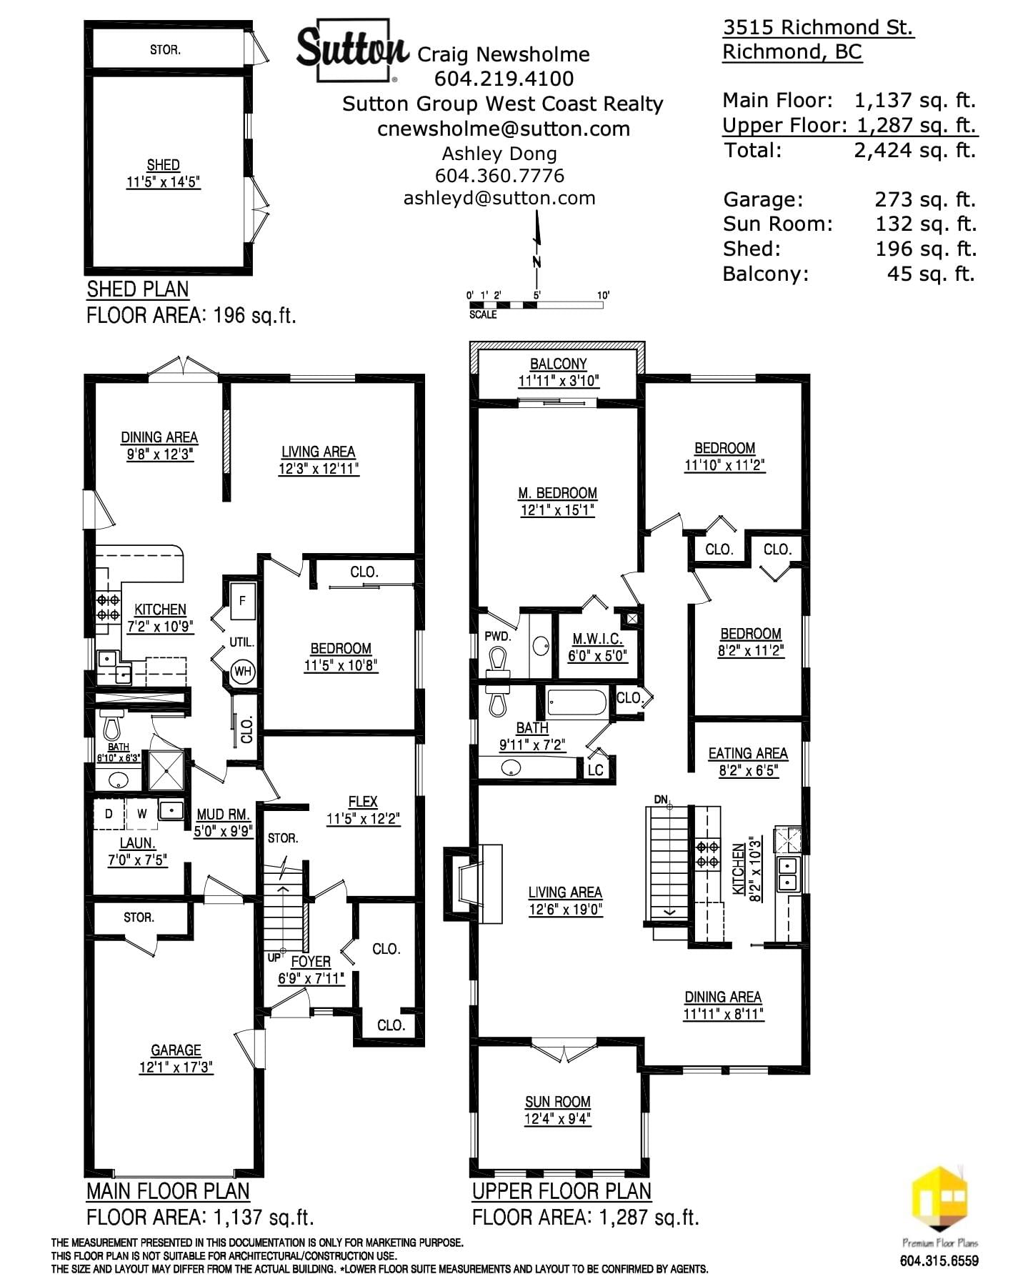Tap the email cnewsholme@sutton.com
pyautogui.click(x=504, y=129)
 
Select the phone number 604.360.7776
pyautogui.click(x=499, y=176)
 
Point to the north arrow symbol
pyautogui.click(x=537, y=250)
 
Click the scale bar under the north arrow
pyautogui.click(x=536, y=305)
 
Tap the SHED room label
pyautogui.click(x=163, y=165)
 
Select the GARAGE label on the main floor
pyautogui.click(x=176, y=1050)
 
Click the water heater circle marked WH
pyautogui.click(x=243, y=672)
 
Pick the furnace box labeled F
pyautogui.click(x=242, y=601)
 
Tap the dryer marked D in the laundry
pyautogui.click(x=109, y=813)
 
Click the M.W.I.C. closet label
pyautogui.click(x=597, y=639)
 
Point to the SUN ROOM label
pyautogui.click(x=557, y=1102)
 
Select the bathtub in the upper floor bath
pyautogui.click(x=577, y=703)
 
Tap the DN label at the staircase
pyautogui.click(x=661, y=799)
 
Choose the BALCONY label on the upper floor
pyautogui.click(x=558, y=364)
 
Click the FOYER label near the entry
pyautogui.click(x=311, y=962)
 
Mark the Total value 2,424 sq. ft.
pyautogui.click(x=914, y=151)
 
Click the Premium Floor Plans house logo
pyautogui.click(x=939, y=1200)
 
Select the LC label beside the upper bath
pyautogui.click(x=595, y=770)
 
